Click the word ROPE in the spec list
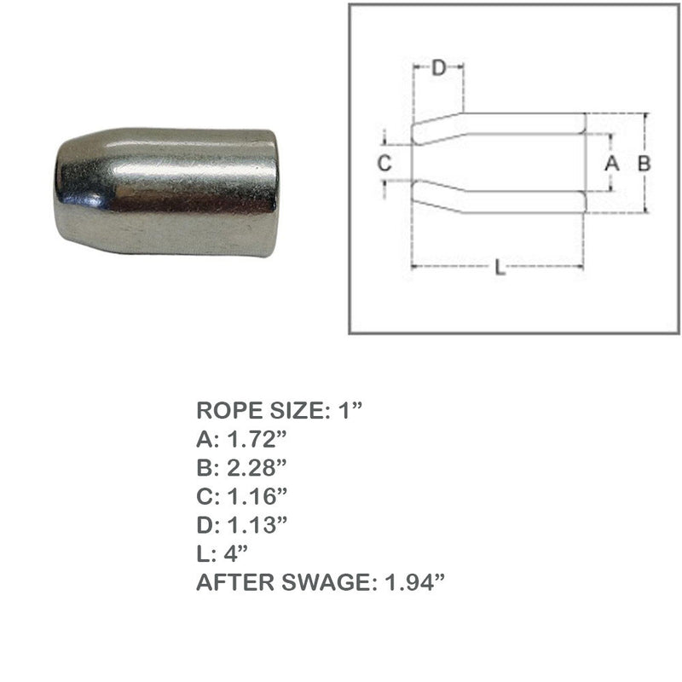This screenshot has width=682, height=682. [228, 410]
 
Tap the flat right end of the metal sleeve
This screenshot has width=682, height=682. [271, 193]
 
